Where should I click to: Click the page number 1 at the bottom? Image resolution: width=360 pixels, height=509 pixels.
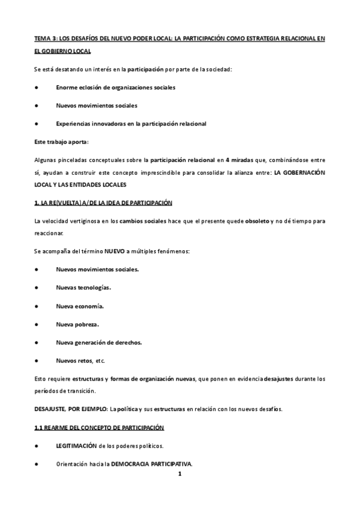179,474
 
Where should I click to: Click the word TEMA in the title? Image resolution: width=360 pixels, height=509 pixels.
43,37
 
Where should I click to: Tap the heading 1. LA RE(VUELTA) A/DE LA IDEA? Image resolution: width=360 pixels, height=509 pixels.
103,203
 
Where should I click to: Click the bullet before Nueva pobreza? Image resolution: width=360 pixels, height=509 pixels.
37,324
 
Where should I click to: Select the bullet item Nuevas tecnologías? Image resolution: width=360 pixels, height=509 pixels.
83,287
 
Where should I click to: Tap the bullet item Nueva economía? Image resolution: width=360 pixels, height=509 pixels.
80,306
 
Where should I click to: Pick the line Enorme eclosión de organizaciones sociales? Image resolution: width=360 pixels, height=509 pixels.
115,88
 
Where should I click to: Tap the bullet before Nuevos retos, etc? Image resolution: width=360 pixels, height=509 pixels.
37,361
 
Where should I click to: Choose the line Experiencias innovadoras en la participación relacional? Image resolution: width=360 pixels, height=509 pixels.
131,124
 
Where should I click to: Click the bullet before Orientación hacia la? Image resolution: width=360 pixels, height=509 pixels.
37,464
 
